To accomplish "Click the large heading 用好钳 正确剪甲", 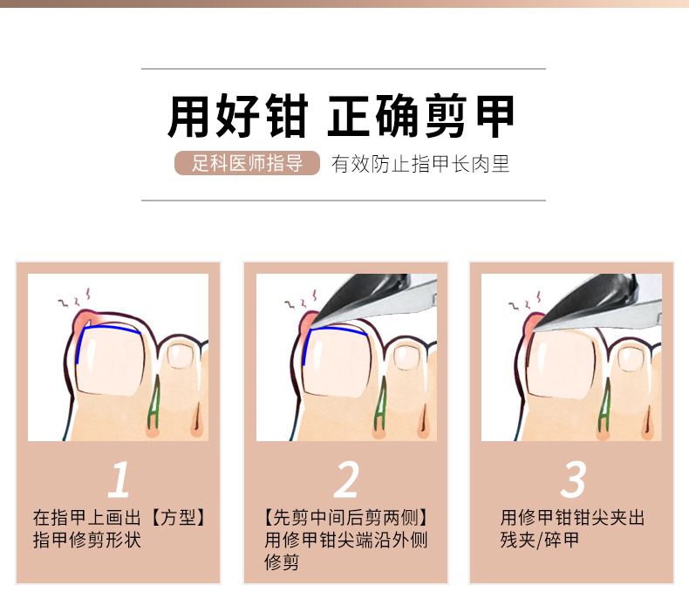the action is pyautogui.click(x=341, y=116).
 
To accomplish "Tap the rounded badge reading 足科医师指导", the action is pyautogui.click(x=247, y=163).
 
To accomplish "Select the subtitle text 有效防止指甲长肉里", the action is pyautogui.click(x=420, y=164).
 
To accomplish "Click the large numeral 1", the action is pyautogui.click(x=119, y=479).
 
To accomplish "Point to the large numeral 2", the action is pyautogui.click(x=346, y=479).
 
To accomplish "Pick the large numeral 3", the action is pyautogui.click(x=573, y=479).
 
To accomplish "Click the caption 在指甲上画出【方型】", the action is pyautogui.click(x=119, y=518).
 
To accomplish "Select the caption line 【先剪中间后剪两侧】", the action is pyautogui.click(x=346, y=518).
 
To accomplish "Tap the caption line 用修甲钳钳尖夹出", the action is pyautogui.click(x=572, y=518).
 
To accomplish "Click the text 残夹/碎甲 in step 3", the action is pyautogui.click(x=540, y=540).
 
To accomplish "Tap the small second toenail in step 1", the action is pyautogui.click(x=181, y=356).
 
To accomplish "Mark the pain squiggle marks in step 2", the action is pyautogui.click(x=302, y=300).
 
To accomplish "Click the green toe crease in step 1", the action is pyautogui.click(x=153, y=404).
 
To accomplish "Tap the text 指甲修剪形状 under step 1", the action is pyautogui.click(x=87, y=540).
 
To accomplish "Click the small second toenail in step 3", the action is pyautogui.click(x=631, y=357).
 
